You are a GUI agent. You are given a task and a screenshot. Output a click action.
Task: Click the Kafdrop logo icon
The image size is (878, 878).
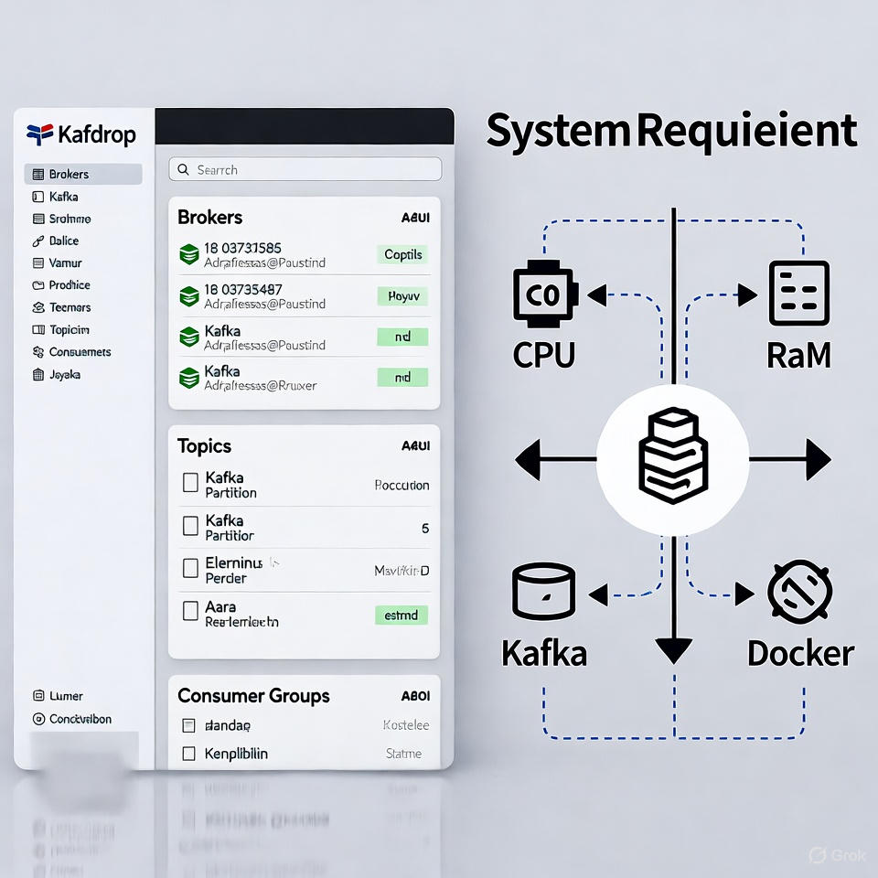click(x=40, y=134)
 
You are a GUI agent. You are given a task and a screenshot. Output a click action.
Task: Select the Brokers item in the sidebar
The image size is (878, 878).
click(x=82, y=174)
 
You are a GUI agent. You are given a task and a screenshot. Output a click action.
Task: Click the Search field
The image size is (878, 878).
click(x=305, y=169)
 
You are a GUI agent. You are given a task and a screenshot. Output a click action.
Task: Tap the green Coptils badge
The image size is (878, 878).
click(x=402, y=254)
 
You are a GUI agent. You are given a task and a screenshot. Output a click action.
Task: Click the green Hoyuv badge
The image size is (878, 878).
click(x=402, y=296)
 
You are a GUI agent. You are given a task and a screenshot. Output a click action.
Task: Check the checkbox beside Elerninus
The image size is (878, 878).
click(x=190, y=568)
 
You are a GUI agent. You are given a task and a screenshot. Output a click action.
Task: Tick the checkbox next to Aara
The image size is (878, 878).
click(x=190, y=610)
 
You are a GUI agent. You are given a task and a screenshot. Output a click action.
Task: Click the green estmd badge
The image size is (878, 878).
click(x=402, y=615)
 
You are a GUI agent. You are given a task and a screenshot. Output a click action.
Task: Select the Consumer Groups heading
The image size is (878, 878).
click(x=253, y=696)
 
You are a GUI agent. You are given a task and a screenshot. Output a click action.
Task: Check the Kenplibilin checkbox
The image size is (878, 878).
click(x=189, y=754)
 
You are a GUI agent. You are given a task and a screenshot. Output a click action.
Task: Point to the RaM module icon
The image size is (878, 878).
click(x=798, y=294)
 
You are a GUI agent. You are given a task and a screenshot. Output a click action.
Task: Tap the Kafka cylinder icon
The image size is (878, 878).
click(x=543, y=593)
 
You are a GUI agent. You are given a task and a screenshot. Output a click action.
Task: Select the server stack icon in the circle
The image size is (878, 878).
click(x=672, y=455)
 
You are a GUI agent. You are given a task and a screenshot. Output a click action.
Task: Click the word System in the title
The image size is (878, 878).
click(x=558, y=131)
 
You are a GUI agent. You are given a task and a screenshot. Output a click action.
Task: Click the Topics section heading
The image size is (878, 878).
click(x=204, y=446)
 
